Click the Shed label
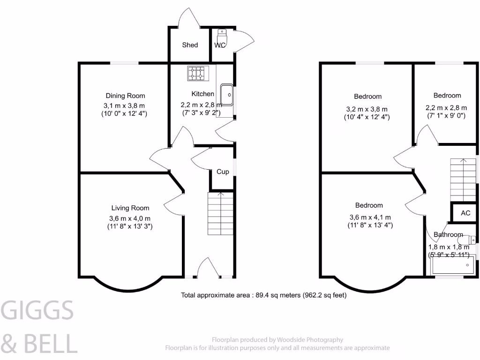click(x=190, y=45)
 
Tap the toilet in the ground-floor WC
click(x=222, y=34)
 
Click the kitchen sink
click(x=226, y=95)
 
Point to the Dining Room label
click(x=125, y=96)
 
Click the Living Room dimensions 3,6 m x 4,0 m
click(x=130, y=218)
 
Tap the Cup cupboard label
click(x=223, y=172)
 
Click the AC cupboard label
click(x=465, y=213)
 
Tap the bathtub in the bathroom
click(x=453, y=266)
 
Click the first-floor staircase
click(x=463, y=178)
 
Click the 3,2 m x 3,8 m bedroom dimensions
click(x=367, y=109)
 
